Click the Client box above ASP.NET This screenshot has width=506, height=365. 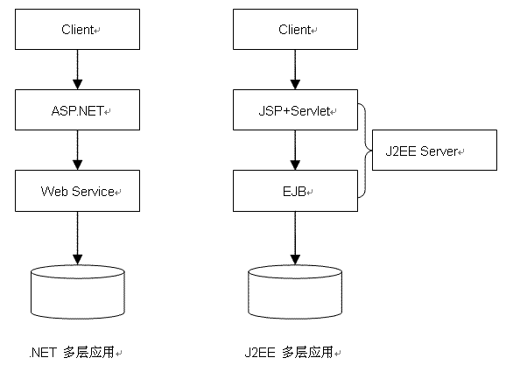pos(77,30)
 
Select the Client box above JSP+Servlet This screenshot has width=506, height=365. pos(295,30)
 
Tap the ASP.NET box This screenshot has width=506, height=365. pos(77,109)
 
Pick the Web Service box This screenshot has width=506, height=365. pos(77,191)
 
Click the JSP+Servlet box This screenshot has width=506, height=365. pos(295,109)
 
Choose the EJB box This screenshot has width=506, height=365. pos(295,191)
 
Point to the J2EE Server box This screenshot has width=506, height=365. pos(434,150)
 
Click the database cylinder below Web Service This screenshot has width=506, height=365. pos(77,292)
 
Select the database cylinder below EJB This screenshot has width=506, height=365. pos(295,292)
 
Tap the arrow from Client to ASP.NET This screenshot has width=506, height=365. pos(77,69)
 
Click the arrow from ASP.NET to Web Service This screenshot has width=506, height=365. pos(77,150)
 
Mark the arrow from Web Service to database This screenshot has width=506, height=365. pos(77,238)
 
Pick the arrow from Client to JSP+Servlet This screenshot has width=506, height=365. pos(295,69)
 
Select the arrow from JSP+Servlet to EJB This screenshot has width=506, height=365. pos(295,150)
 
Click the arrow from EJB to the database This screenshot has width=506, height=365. pos(295,238)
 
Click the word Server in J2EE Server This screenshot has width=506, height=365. pos(439,151)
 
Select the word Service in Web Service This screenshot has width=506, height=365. pos(93,192)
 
